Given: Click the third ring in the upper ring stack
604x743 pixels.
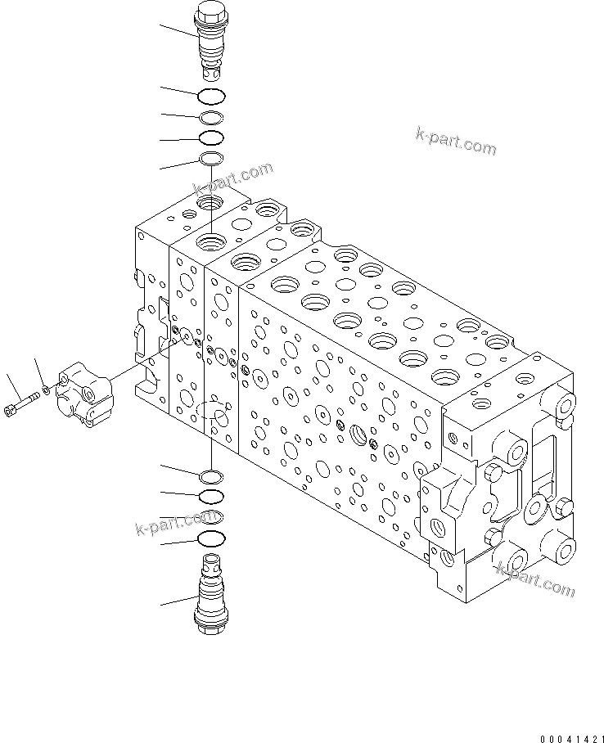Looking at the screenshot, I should pyautogui.click(x=211, y=137).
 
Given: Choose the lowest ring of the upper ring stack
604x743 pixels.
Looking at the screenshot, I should pyautogui.click(x=211, y=158).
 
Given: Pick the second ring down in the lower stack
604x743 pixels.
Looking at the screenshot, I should pyautogui.click(x=211, y=496).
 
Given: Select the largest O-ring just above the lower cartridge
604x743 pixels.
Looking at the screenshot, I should pyautogui.click(x=211, y=538).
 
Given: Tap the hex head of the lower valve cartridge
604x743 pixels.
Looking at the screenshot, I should pyautogui.click(x=211, y=624).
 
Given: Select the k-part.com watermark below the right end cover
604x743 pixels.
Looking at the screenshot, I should pyautogui.click(x=536, y=579).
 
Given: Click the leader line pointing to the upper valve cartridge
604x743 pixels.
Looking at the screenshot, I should pyautogui.click(x=179, y=34).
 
